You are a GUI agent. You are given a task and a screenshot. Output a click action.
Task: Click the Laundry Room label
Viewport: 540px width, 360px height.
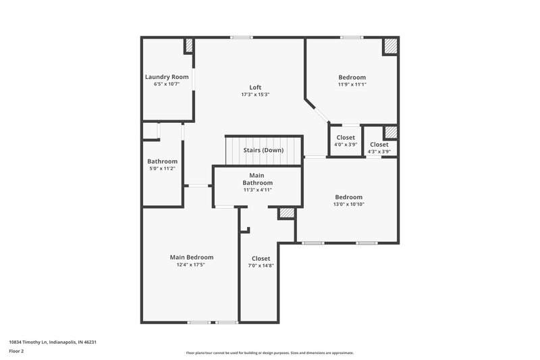coord(167,77)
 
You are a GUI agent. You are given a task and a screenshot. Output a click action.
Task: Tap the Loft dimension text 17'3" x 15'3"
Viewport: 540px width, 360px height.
coord(255,95)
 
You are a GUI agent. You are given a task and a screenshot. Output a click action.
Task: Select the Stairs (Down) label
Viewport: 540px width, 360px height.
coord(263,150)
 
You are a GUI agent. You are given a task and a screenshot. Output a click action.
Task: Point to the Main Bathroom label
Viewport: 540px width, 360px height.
coord(257,179)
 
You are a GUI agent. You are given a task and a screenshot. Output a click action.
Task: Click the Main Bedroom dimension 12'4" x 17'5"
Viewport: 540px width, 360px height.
coord(191,265)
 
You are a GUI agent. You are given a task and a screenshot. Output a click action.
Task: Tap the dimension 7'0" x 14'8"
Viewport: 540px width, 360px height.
coord(261,265)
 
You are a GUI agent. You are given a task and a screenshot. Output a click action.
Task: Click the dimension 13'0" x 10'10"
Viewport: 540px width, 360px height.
coord(348,204)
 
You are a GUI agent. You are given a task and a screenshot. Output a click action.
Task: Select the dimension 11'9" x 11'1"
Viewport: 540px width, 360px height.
coord(352,84)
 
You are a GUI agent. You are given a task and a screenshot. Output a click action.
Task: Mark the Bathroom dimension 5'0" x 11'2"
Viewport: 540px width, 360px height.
coord(162,169)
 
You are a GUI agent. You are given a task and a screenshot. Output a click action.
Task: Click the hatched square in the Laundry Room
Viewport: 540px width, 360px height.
coord(189,46)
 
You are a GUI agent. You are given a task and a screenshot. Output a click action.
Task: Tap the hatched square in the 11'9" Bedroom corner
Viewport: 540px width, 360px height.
coord(390,46)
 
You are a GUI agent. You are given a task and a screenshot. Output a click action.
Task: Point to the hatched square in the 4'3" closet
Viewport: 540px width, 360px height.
coord(390,132)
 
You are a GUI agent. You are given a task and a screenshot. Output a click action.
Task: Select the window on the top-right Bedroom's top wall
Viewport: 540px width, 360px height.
coord(351,37)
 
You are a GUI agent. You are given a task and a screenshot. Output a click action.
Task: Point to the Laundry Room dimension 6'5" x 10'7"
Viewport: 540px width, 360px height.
coord(167,84)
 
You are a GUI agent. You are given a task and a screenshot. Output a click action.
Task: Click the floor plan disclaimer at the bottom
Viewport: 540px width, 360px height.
coord(270,353)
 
